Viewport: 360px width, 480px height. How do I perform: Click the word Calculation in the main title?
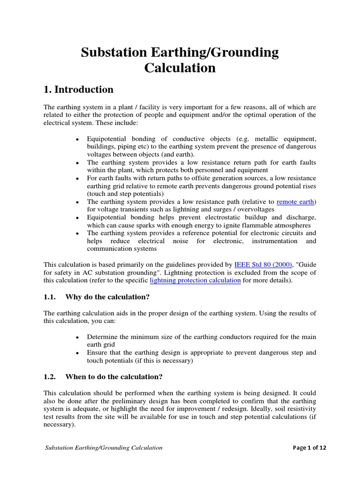(x=180, y=68)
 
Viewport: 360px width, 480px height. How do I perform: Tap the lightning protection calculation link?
(x=195, y=280)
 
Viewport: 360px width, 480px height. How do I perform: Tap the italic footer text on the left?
(x=104, y=448)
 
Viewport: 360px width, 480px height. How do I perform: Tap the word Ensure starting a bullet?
(x=97, y=352)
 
